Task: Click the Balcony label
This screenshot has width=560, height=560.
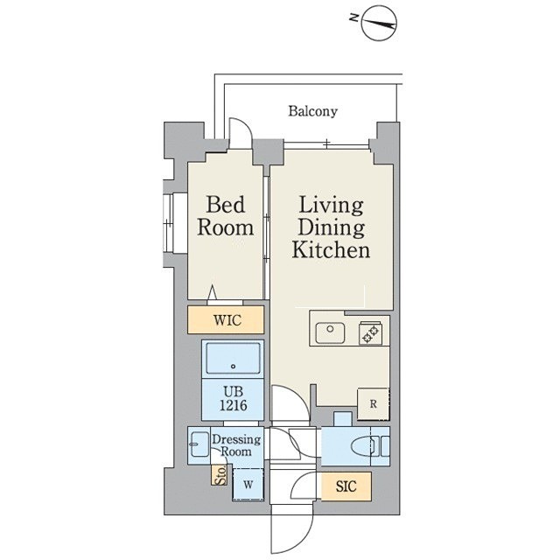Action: pyautogui.click(x=312, y=111)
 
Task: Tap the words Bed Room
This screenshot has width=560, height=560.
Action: pyautogui.click(x=226, y=216)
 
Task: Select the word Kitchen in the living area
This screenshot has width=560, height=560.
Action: pyautogui.click(x=331, y=250)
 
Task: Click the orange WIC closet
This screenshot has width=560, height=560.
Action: pyautogui.click(x=226, y=319)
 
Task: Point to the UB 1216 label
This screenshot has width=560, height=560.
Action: pyautogui.click(x=234, y=398)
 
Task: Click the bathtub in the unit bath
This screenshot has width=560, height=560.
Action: pyautogui.click(x=233, y=358)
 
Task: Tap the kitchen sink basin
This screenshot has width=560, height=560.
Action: pyautogui.click(x=330, y=332)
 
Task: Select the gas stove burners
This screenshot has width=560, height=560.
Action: pyautogui.click(x=370, y=333)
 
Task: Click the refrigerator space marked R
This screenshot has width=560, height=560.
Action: pyautogui.click(x=374, y=404)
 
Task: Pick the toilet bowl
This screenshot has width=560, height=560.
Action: pyautogui.click(x=363, y=446)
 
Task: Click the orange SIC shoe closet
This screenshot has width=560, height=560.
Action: pyautogui.click(x=346, y=486)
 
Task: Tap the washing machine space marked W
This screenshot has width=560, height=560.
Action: pyautogui.click(x=248, y=484)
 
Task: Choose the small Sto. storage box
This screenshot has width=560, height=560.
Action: pyautogui.click(x=219, y=474)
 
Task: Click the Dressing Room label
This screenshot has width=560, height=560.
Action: pyautogui.click(x=235, y=445)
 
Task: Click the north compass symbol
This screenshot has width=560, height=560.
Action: pyautogui.click(x=379, y=24)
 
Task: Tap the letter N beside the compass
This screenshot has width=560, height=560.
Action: pyautogui.click(x=353, y=17)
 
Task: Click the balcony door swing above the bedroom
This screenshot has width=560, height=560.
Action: pyautogui.click(x=241, y=133)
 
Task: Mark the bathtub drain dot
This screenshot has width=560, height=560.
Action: pyautogui.click(x=234, y=366)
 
